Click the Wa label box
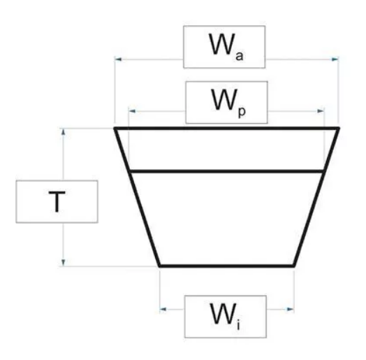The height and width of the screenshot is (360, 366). (x=224, y=47)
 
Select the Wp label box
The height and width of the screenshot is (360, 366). (x=226, y=102)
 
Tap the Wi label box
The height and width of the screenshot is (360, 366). (x=226, y=317)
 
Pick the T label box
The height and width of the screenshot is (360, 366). (x=57, y=201)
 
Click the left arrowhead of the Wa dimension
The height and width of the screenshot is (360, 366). (x=118, y=59)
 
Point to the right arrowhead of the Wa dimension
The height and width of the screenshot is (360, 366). (x=335, y=59)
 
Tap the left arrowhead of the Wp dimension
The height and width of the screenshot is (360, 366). (x=132, y=111)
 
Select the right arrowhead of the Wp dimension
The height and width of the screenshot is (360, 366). (x=321, y=111)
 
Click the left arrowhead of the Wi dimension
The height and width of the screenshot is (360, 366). (x=163, y=309)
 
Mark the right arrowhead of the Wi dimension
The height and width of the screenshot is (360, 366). (x=291, y=309)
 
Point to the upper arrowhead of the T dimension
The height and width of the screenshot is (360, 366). (x=64, y=132)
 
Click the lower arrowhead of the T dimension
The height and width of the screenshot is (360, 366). (x=64, y=263)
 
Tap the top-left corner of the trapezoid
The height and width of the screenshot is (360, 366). (x=115, y=128)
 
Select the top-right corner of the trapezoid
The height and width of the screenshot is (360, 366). (x=339, y=128)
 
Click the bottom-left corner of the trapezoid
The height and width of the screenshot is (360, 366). (x=159, y=266)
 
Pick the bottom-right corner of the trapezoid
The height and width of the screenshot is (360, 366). (x=294, y=266)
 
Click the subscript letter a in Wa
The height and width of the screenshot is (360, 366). (x=240, y=57)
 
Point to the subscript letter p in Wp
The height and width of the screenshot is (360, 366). (x=242, y=112)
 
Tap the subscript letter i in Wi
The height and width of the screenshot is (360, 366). (x=238, y=325)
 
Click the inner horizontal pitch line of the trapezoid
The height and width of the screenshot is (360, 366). (x=226, y=171)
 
